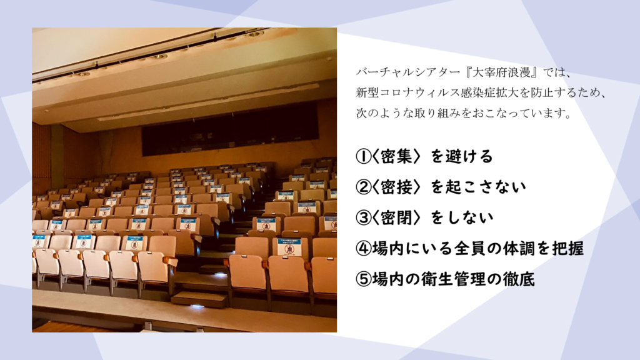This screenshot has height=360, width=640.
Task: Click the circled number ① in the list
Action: pyautogui.click(x=363, y=156)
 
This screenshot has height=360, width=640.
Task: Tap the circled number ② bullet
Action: pyautogui.click(x=363, y=187)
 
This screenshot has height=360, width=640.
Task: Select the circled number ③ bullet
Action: pyautogui.click(x=363, y=217)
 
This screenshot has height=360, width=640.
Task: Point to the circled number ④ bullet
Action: pyautogui.click(x=363, y=249)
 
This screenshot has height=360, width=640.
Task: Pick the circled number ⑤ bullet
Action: pyautogui.click(x=363, y=279)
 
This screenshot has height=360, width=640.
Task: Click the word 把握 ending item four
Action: pyautogui.click(x=569, y=249)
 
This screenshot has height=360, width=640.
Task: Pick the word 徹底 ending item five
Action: pyautogui.click(x=519, y=279)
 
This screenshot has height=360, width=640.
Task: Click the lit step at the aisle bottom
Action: pyautogui.click(x=199, y=299)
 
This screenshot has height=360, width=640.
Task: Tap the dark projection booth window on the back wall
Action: pyautogui.click(x=230, y=129)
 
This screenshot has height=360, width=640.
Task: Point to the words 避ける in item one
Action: pyautogui.click(x=469, y=156)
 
